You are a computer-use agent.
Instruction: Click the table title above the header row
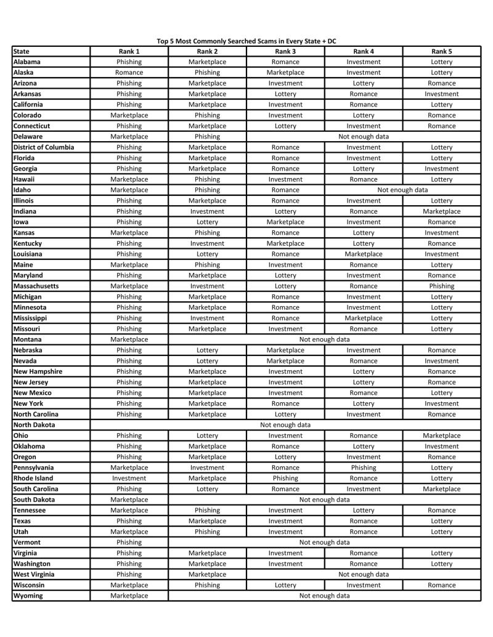pos(246,41)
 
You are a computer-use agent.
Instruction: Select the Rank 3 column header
pos(285,51)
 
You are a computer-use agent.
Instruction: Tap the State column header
pos(21,51)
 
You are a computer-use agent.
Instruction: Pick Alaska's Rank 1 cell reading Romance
pos(129,73)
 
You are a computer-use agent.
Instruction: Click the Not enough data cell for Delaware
pos(364,137)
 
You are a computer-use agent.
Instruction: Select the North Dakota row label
pos(34,425)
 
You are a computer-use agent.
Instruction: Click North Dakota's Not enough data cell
pos(285,425)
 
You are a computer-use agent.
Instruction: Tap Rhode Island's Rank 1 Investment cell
pos(129,478)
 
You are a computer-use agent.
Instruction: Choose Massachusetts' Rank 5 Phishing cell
pos(442,286)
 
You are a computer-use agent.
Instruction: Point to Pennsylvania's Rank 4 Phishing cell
pos(364,468)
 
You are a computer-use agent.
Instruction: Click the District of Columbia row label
pos(43,147)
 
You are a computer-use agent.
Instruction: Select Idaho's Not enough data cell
pos(402,190)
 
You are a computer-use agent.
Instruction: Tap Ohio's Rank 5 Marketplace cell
pos(442,436)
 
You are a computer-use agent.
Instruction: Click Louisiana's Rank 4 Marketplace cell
pos(364,254)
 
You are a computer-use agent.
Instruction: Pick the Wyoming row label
pos(28,596)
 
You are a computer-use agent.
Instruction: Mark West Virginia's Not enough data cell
pos(364,574)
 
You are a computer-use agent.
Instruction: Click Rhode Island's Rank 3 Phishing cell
pos(285,478)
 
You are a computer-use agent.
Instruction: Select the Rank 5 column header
pos(442,51)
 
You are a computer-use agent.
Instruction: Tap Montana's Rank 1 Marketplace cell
pos(129,339)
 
